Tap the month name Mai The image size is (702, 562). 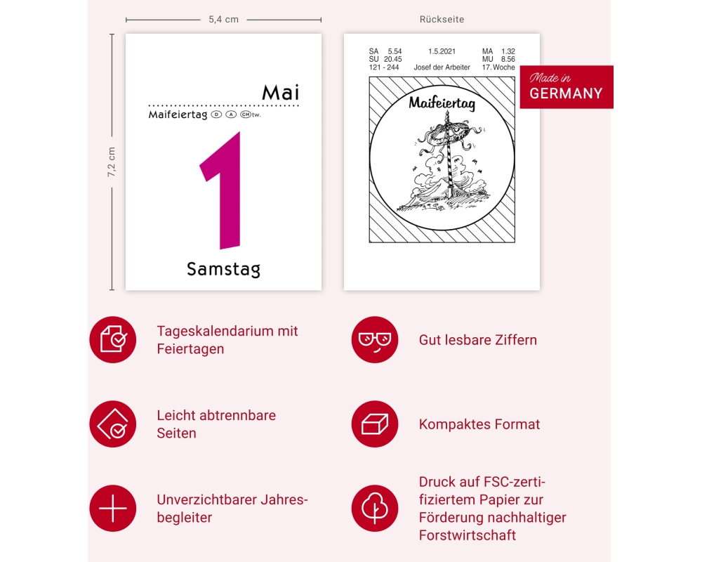(x=280, y=93)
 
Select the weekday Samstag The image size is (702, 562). (x=223, y=269)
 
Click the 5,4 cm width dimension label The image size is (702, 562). (x=223, y=19)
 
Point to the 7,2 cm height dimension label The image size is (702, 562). (x=111, y=162)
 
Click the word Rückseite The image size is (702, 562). (x=442, y=19)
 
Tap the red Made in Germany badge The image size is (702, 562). (x=567, y=87)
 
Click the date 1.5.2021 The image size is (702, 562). (x=442, y=51)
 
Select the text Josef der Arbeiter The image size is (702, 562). (x=442, y=67)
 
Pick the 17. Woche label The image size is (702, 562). (x=498, y=67)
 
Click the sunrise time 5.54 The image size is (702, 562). (x=395, y=51)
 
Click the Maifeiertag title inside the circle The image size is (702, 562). (x=442, y=103)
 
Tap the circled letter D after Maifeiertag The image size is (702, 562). (x=216, y=115)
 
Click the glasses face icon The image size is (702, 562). (x=375, y=340)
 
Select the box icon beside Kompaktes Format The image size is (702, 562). (x=375, y=424)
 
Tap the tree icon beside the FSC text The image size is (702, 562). (x=375, y=508)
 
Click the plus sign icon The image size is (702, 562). (x=113, y=508)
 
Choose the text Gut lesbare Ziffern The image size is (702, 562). (x=477, y=340)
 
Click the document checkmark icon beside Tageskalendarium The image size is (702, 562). (x=113, y=340)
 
